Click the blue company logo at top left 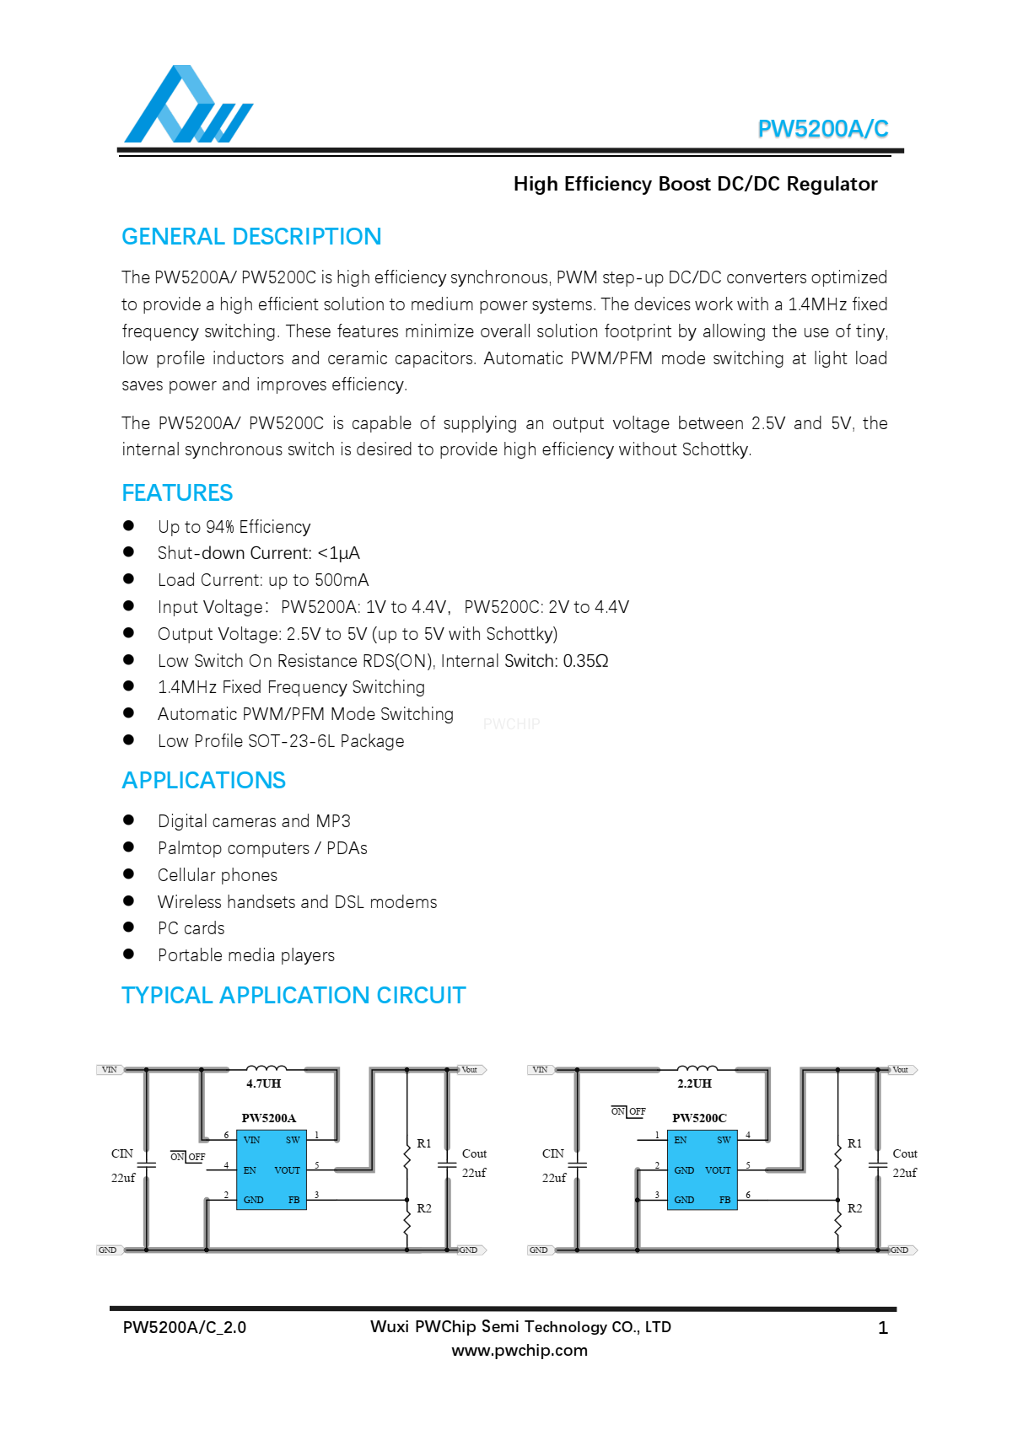tap(187, 105)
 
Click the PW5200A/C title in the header tap(822, 129)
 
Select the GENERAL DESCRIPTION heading tap(251, 237)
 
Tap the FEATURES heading tap(177, 493)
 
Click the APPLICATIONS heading tap(203, 781)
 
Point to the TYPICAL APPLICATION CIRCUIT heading tap(293, 996)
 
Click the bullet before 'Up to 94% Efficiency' tap(129, 526)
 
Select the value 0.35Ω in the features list tap(585, 661)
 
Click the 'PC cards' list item tap(191, 928)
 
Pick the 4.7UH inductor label tap(263, 1083)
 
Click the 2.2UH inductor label tap(694, 1083)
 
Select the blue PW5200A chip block tap(271, 1169)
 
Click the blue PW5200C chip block tap(702, 1169)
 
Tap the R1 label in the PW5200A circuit tap(424, 1143)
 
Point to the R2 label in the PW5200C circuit tap(855, 1208)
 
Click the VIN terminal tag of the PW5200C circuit tap(540, 1070)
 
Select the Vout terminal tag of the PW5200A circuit tap(471, 1070)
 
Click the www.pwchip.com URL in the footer tap(520, 1351)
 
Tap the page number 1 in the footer tap(883, 1328)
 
